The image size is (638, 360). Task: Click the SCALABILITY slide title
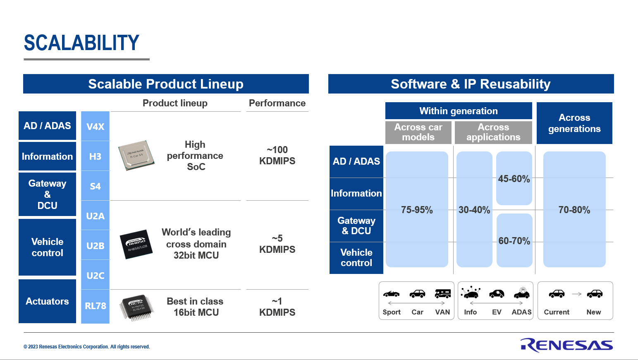(x=81, y=43)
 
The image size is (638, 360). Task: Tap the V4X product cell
(x=95, y=126)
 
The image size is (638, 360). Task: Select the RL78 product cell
(x=95, y=306)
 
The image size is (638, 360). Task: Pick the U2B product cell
(x=95, y=245)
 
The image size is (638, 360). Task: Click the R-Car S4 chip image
(x=136, y=155)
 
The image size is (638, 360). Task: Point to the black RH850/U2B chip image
(x=136, y=244)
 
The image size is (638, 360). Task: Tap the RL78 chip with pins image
(x=136, y=307)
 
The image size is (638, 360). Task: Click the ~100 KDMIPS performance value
(x=277, y=155)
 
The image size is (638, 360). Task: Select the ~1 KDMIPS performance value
(x=277, y=307)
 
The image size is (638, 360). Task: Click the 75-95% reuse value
(x=417, y=210)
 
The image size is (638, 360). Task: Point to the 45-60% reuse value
(x=514, y=179)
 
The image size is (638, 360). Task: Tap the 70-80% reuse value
(x=574, y=210)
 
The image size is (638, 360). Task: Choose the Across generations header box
(x=574, y=123)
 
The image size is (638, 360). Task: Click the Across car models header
(x=418, y=132)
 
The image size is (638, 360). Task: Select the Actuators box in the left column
(x=47, y=301)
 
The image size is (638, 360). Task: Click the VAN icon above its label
(x=442, y=294)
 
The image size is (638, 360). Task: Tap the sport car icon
(x=391, y=294)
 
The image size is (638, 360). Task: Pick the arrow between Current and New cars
(x=576, y=294)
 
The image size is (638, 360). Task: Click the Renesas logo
(x=566, y=345)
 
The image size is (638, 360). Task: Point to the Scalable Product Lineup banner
(x=166, y=84)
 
